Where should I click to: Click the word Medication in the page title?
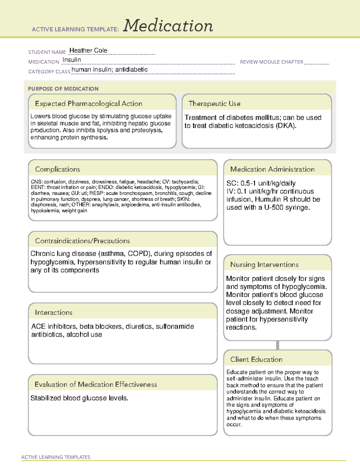(x=168, y=26)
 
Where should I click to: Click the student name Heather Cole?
(x=88, y=50)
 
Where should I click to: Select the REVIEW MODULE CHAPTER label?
(x=271, y=62)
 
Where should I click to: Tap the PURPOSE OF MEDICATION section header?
(x=63, y=89)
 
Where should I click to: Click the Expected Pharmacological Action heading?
(x=88, y=104)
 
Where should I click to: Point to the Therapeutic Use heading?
(x=214, y=104)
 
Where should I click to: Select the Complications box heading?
(x=57, y=169)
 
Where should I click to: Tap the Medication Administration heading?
(x=272, y=169)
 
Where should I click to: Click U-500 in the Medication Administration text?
(x=274, y=207)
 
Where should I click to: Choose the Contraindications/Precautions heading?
(x=82, y=241)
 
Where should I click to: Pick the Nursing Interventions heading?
(x=264, y=265)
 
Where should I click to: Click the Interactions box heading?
(x=53, y=312)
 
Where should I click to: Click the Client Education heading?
(x=256, y=359)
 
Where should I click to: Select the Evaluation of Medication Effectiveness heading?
(x=96, y=384)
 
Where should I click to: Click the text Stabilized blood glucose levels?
(x=79, y=398)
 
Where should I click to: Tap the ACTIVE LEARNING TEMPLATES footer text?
(x=55, y=457)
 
